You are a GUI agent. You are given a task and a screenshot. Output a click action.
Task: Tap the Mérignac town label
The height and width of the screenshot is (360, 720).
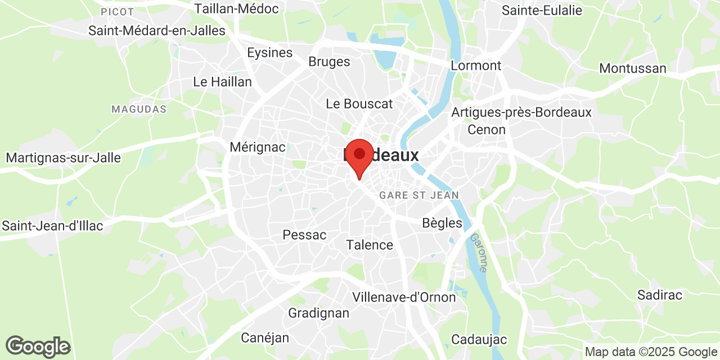coord(258,147)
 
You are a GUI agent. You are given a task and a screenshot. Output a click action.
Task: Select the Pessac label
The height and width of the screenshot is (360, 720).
coord(304,235)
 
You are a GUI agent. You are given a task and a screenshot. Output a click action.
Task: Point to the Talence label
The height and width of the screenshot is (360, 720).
coord(370,245)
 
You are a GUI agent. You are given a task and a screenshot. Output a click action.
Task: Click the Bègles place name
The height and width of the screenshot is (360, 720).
coord(442,223)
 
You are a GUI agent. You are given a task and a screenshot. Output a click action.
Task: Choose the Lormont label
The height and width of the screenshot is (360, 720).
coord(476,65)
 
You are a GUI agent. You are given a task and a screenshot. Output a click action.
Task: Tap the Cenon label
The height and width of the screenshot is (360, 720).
coord(487,129)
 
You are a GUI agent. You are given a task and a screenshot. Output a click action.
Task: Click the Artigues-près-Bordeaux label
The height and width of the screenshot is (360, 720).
coord(521,112)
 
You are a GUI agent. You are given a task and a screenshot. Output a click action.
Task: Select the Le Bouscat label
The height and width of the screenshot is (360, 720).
coord(359,103)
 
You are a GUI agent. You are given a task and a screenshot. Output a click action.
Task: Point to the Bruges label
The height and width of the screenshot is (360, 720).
coord(329,62)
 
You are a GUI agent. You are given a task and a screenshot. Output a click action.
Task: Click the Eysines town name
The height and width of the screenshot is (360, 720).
coord(270,52)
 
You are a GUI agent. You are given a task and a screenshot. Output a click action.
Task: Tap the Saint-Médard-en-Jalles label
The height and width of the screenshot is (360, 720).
coord(157,30)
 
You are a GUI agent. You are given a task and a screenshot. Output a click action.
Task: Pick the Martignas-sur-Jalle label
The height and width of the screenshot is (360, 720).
coord(64,157)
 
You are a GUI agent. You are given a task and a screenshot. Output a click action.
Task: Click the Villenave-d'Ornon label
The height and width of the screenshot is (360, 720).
coord(404,296)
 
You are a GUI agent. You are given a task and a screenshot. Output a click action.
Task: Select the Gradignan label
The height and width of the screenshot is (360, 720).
coord(318,313)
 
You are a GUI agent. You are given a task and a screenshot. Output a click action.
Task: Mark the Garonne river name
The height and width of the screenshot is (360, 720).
coord(479,253)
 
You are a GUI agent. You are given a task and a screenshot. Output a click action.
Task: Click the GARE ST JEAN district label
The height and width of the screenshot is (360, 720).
coord(419,195)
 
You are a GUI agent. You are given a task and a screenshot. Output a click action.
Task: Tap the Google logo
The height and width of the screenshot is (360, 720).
coord(38,346)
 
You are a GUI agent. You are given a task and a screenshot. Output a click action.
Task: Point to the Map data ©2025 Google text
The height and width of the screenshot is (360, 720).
coord(650,352)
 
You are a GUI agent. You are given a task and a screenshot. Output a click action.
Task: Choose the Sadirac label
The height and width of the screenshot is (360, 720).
coord(660,295)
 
